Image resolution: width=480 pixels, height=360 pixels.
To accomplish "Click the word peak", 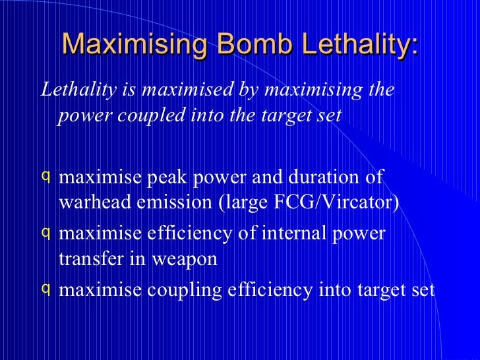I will pos(168,178).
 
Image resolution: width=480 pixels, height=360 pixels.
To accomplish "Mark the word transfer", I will pos(90,259).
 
